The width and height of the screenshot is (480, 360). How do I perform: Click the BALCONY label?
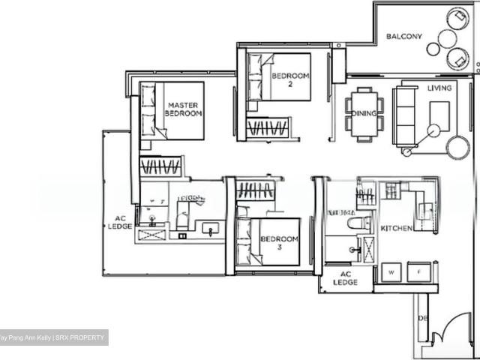[404, 36]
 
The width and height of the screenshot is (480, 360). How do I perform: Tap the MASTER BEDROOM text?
[183, 109]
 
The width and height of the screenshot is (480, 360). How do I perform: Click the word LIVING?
[439, 88]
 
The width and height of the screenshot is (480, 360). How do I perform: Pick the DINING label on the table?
[364, 114]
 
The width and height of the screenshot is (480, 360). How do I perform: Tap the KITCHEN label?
[396, 228]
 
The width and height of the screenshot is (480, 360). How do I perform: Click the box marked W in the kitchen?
[392, 271]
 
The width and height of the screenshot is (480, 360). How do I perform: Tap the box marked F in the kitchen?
[418, 271]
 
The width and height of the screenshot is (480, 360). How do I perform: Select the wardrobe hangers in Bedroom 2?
[267, 127]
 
